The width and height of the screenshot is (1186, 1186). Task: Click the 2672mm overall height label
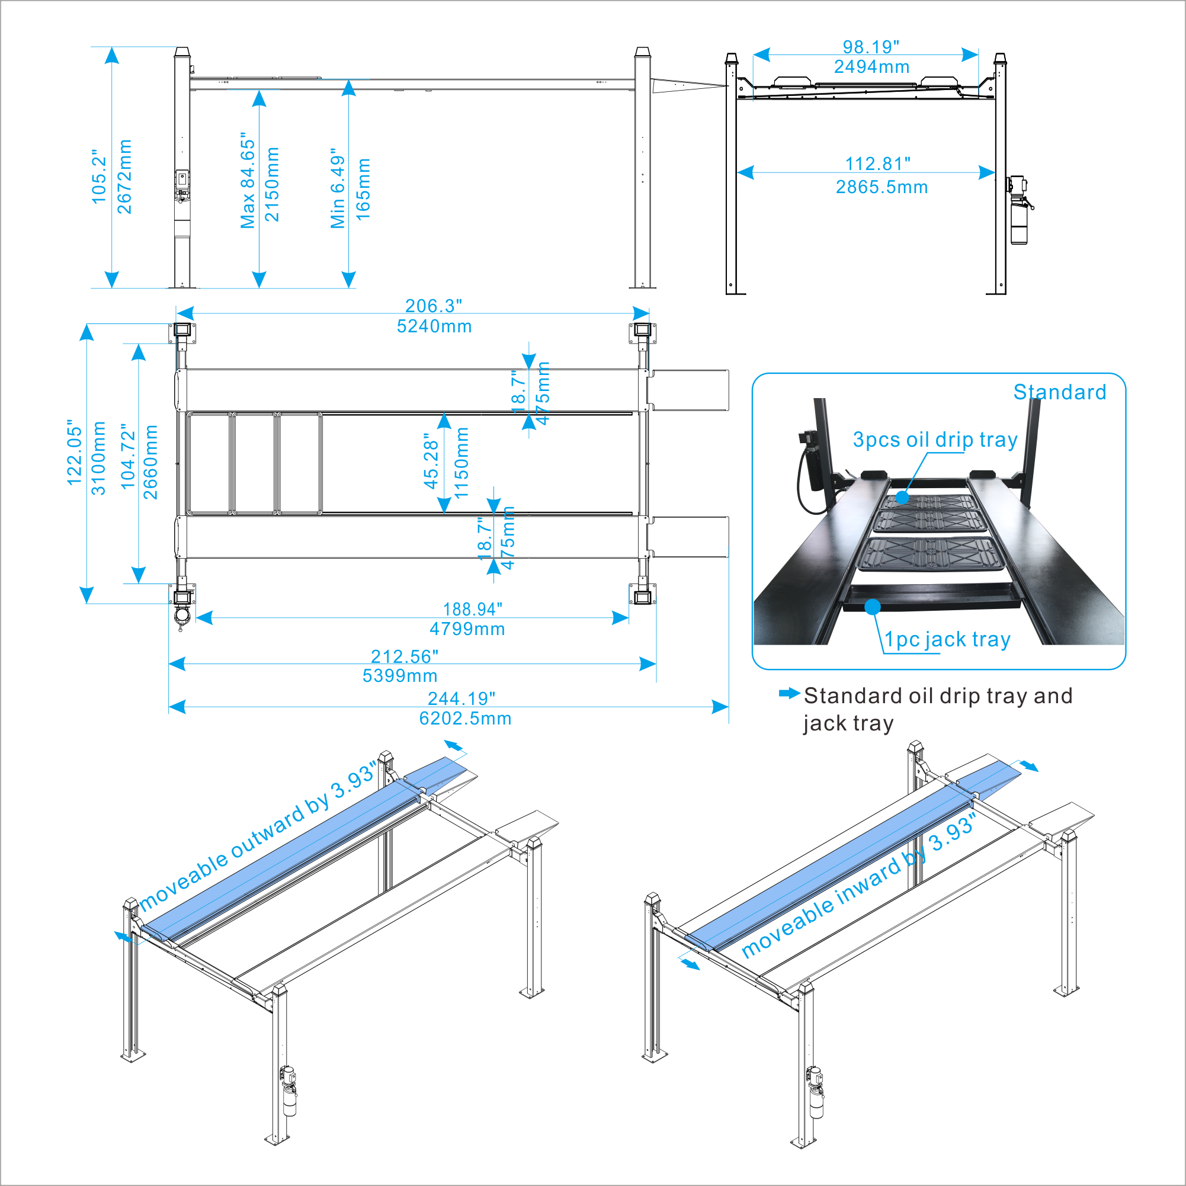click(x=124, y=177)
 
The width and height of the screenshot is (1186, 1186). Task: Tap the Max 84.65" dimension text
click(x=248, y=180)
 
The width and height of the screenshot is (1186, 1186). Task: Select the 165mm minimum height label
click(x=363, y=190)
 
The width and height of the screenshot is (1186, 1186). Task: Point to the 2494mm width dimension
click(x=871, y=67)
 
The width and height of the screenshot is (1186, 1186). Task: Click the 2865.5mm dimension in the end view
click(x=882, y=187)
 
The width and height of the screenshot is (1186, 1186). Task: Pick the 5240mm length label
click(x=434, y=326)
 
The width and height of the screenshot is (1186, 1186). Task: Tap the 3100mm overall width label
click(x=98, y=458)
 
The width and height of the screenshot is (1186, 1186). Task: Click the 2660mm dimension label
click(x=150, y=461)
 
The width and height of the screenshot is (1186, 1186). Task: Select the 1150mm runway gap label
click(x=461, y=462)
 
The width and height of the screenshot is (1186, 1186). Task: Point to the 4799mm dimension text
click(x=467, y=629)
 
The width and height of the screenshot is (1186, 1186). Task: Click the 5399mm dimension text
click(x=400, y=675)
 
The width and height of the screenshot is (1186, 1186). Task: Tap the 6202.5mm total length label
click(x=465, y=718)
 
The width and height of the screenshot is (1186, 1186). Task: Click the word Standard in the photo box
click(x=1060, y=392)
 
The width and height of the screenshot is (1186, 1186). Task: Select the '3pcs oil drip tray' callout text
click(x=935, y=440)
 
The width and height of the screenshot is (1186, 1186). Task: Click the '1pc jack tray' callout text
click(x=947, y=639)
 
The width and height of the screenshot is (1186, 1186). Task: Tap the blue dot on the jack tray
click(x=872, y=607)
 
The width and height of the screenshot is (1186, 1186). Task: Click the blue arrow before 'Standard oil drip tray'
click(x=789, y=693)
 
